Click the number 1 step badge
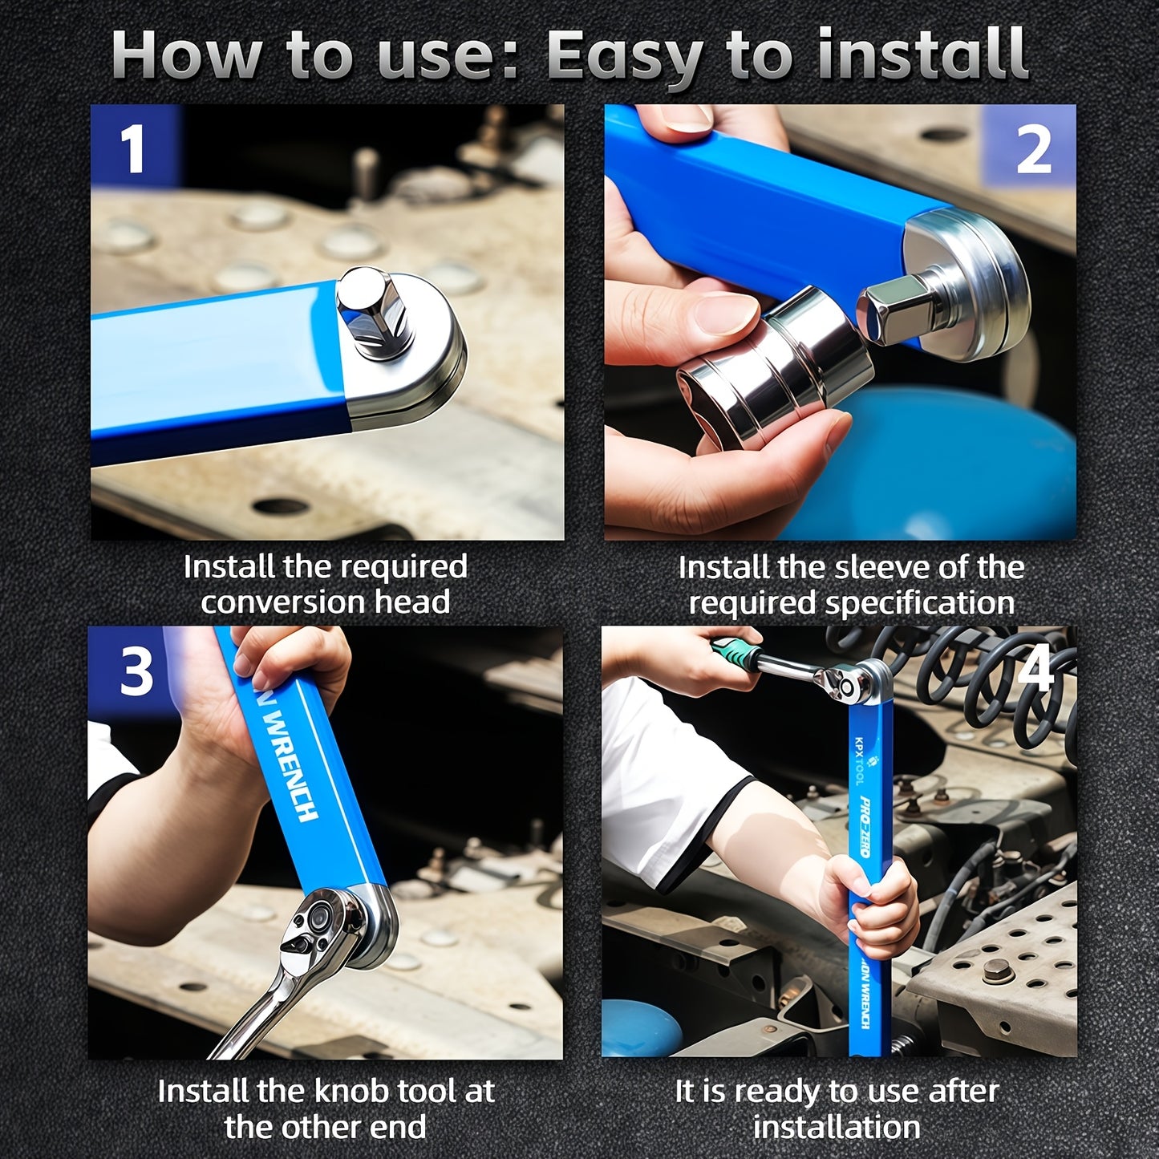pyautogui.click(x=132, y=148)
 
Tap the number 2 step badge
pyautogui.click(x=1032, y=149)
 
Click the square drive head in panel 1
pyautogui.click(x=374, y=311)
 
